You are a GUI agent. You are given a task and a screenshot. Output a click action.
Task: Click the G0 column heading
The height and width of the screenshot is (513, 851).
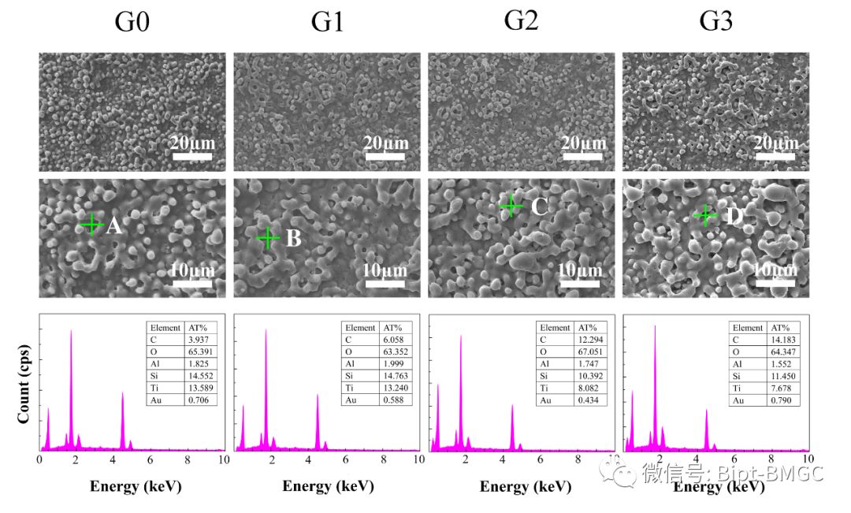pos(132,22)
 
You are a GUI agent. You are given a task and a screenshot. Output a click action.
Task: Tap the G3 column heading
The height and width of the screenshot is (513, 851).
pos(715,22)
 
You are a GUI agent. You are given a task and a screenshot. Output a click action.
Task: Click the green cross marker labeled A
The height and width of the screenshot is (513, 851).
pos(92,225)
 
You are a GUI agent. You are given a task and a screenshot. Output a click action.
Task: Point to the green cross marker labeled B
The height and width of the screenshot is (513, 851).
pos(268,237)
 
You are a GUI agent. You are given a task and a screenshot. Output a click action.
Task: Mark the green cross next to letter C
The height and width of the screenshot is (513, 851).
pos(511,206)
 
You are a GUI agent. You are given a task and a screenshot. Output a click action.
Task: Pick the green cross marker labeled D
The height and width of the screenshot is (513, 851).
pos(705,215)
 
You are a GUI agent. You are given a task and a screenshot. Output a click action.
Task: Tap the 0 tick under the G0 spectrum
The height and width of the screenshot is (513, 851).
pos(39,459)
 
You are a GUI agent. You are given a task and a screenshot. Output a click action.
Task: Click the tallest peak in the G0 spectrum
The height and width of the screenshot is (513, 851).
pos(71,331)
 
